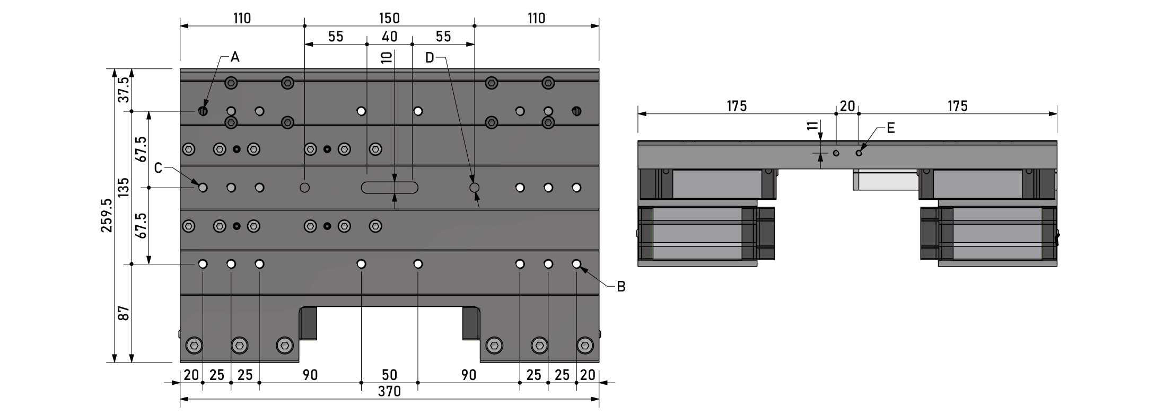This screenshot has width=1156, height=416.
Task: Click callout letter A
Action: pos(235,57)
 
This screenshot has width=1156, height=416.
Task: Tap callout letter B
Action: pos(621,287)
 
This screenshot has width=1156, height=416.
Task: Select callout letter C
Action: pos(159,168)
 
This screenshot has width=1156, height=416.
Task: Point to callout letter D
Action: pos(430,57)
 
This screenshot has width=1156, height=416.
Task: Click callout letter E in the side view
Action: pos(891,128)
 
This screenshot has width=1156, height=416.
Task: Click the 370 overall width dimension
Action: pos(389,392)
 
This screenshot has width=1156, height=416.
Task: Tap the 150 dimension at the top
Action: pos(389,18)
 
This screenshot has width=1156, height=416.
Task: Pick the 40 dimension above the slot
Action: pos(389,36)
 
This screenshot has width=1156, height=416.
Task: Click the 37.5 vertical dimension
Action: pos(124,90)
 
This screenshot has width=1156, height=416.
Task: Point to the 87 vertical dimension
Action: pos(124,313)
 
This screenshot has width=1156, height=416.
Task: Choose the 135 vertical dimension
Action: pos(124,188)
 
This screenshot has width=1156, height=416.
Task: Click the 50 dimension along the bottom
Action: pos(389,375)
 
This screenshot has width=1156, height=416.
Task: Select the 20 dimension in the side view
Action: pos(847,106)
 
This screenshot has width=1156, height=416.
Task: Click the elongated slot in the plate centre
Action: pos(390,187)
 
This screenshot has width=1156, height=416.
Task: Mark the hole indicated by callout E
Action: pos(859,153)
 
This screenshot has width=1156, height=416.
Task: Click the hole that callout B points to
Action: pos(576,263)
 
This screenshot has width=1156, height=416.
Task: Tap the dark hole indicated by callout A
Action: pos(203,111)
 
